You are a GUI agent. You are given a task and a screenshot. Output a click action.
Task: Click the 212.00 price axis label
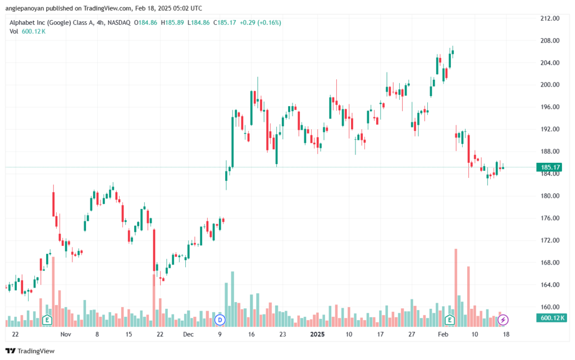pos(550,19)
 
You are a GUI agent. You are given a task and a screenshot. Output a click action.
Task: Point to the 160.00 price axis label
pos(550,307)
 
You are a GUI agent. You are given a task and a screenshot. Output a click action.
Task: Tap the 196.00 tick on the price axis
pos(550,107)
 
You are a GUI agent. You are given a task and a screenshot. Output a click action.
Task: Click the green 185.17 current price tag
pos(550,167)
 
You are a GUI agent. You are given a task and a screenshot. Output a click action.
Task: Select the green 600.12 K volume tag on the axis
pos(551,318)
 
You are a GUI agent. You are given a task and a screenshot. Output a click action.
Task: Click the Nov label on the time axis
pos(66,334)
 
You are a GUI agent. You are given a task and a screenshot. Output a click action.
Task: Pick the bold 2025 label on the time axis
pos(317,334)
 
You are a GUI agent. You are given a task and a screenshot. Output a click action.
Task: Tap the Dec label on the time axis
pos(188,334)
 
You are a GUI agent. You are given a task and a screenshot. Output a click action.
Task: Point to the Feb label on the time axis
pos(443,334)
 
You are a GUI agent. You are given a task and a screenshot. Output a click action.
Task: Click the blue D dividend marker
pos(220,320)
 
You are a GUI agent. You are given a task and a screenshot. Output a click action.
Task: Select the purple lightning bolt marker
pos(503,320)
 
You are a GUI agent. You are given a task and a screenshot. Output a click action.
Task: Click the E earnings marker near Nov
pos(47,320)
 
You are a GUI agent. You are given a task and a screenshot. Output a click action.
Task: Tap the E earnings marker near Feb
pos(450,320)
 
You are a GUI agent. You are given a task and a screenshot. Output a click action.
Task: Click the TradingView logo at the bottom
pos(30,351)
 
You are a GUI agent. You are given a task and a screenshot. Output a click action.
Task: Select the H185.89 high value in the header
pos(172,22)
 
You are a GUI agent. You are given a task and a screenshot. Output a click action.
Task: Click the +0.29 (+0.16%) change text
pos(261,22)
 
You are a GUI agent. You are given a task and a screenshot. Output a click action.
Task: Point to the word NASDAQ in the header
pos(119,22)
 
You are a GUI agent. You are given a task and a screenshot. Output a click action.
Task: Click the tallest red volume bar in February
pos(456,288)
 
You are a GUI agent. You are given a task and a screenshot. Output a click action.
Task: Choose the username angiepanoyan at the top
pos(25,8)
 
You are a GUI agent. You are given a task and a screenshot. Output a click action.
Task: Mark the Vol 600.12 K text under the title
pos(28,31)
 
